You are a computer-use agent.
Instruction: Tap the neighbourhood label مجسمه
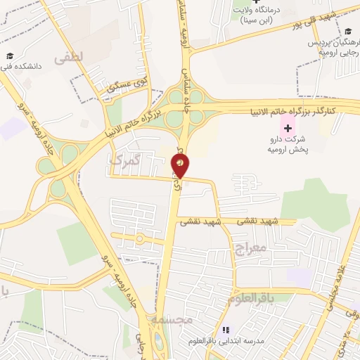pyautogui.click(x=172, y=320)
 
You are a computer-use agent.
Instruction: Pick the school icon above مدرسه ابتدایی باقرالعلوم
pyautogui.click(x=226, y=329)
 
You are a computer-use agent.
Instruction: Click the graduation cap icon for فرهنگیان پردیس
pyautogui.click(x=348, y=32)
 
